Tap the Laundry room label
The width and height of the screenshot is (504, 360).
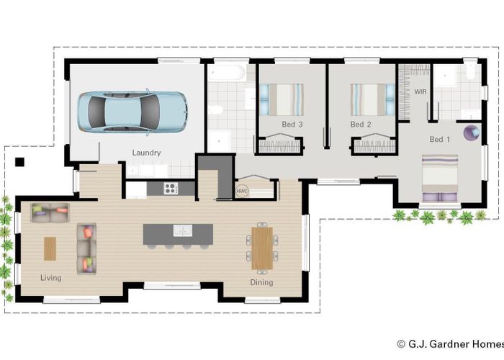coord(146,153)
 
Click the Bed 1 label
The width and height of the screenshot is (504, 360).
coord(439,139)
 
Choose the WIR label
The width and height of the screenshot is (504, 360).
coord(420,92)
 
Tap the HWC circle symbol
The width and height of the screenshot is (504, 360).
coord(242,192)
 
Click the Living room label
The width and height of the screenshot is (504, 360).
coord(50,277)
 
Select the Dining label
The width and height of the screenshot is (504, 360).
coord(261,282)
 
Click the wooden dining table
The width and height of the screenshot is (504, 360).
coord(262,246)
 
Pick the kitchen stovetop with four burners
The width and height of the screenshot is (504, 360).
coord(171,189)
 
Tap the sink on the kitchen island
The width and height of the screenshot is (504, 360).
coord(183,231)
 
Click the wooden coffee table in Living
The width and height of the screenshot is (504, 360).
coord(50,248)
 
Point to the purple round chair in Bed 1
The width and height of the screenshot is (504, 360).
coord(472,132)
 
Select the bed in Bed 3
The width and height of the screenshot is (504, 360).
coord(281,99)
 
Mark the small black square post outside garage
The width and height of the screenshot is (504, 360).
coord(21,161)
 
